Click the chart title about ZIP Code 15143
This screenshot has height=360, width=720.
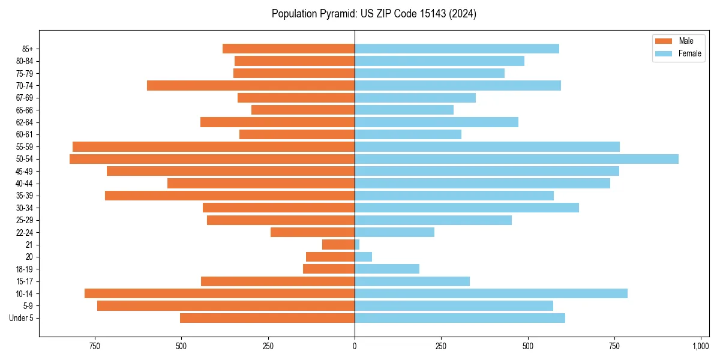pyautogui.click(x=374, y=14)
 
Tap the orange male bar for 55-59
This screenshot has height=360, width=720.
pyautogui.click(x=214, y=146)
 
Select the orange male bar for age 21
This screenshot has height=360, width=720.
pyautogui.click(x=338, y=245)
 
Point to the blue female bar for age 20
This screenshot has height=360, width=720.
pyautogui.click(x=363, y=257)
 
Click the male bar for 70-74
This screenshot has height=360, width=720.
pyautogui.click(x=251, y=85)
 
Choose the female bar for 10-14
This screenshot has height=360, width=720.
pyautogui.click(x=491, y=293)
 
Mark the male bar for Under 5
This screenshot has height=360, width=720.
pyautogui.click(x=267, y=318)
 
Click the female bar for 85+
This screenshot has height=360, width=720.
pyautogui.click(x=457, y=49)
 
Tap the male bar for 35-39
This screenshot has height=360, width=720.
pyautogui.click(x=230, y=196)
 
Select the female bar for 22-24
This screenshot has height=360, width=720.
pyautogui.click(x=394, y=232)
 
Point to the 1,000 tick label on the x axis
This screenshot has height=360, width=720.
pyautogui.click(x=700, y=346)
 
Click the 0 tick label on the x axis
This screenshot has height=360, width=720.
pyautogui.click(x=355, y=346)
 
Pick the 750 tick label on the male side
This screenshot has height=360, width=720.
pyautogui.click(x=95, y=346)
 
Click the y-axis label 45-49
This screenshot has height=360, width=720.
pyautogui.click(x=25, y=171)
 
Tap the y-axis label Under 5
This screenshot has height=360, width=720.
pyautogui.click(x=22, y=318)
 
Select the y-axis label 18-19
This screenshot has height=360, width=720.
pyautogui.click(x=25, y=269)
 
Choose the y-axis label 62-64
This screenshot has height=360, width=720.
pyautogui.click(x=25, y=122)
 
